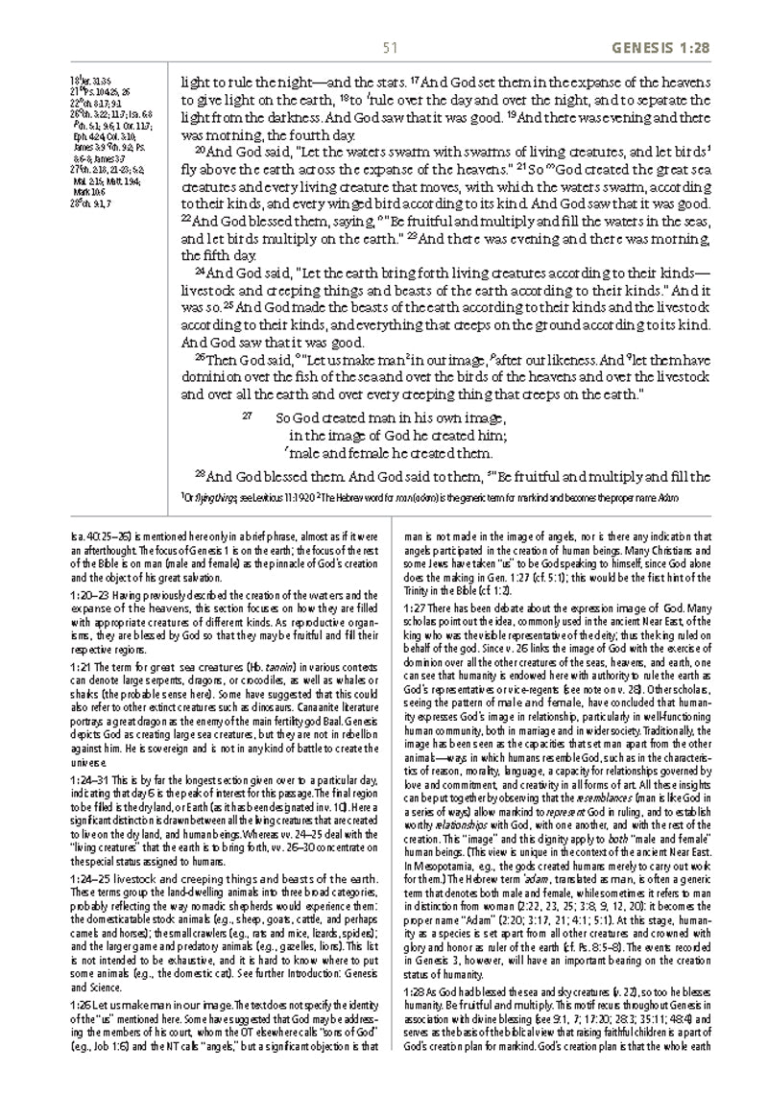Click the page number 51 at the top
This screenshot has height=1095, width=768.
pos(389,49)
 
